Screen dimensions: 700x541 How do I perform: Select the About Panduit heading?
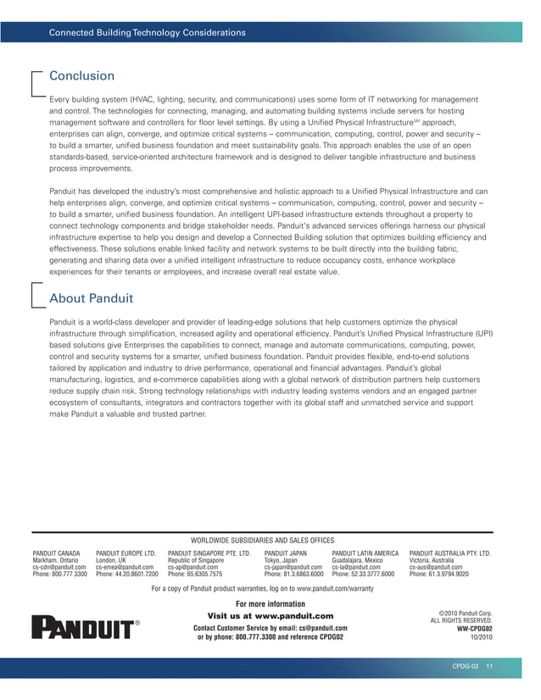click(x=91, y=298)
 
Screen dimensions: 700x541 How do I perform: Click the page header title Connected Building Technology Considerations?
click(x=148, y=33)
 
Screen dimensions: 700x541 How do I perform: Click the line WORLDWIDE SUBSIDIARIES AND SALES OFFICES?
click(x=263, y=540)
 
